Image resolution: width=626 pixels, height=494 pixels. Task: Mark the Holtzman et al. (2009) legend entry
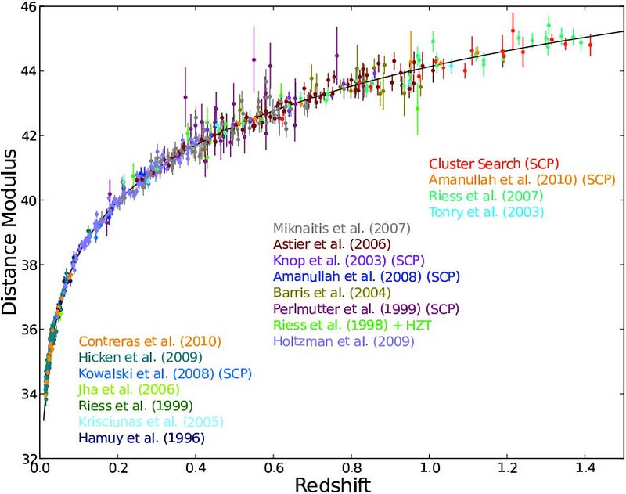point(343,341)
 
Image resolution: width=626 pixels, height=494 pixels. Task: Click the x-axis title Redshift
point(332,484)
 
